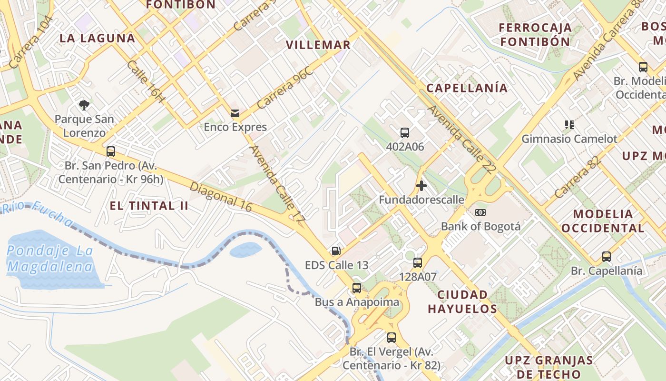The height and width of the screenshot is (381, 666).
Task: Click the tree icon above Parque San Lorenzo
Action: click(x=84, y=105)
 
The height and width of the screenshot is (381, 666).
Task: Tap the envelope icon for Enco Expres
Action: click(x=235, y=113)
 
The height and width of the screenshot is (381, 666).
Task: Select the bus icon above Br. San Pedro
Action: click(x=111, y=151)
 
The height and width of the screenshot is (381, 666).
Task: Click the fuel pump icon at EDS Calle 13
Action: click(x=336, y=251)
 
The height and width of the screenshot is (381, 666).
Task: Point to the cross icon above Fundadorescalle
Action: click(x=421, y=185)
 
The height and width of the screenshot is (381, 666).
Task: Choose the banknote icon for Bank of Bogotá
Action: click(x=480, y=212)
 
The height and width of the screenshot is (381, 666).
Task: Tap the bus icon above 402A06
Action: click(x=405, y=133)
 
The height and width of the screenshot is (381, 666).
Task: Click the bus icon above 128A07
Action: click(x=418, y=262)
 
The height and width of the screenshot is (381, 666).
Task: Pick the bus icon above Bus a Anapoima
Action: click(x=357, y=288)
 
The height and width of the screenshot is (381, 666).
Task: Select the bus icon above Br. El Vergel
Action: click(x=392, y=338)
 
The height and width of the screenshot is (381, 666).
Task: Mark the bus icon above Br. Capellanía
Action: click(x=607, y=257)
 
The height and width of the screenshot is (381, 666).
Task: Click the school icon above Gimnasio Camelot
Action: click(x=569, y=125)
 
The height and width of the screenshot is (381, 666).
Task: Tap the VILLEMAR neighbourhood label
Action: click(x=318, y=45)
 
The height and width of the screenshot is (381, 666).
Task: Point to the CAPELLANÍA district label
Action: click(x=467, y=88)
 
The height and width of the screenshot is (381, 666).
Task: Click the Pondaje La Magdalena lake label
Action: click(x=50, y=259)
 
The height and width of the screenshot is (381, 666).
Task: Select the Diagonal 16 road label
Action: click(x=221, y=196)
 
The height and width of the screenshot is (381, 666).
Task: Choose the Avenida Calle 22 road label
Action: click(x=462, y=139)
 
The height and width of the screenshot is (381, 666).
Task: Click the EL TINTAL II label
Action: click(x=149, y=206)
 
